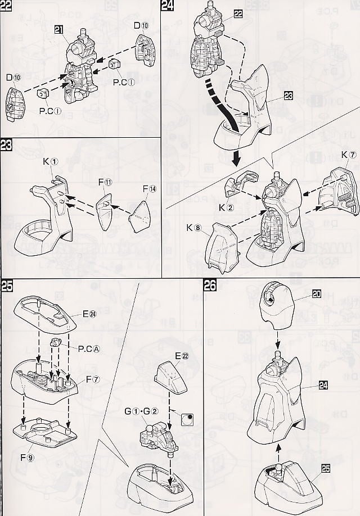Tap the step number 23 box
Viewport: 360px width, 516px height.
click(6, 145)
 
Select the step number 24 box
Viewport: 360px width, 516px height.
click(167, 6)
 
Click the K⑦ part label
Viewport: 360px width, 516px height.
click(348, 155)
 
